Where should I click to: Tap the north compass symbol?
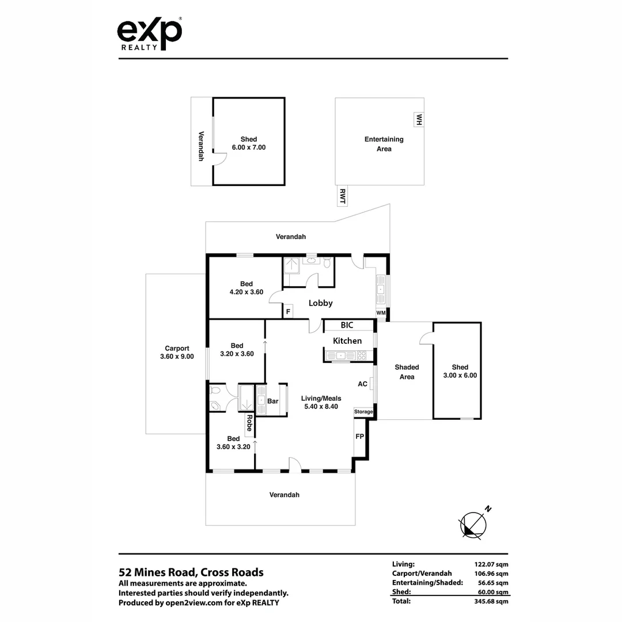point(473,525)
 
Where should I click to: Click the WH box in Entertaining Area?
point(419,120)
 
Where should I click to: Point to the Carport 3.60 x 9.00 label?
point(177,352)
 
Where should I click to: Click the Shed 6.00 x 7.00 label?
point(249,143)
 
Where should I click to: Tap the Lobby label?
point(321,303)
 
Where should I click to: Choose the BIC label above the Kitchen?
point(347,325)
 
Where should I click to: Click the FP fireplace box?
point(360,437)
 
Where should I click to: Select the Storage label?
point(363,412)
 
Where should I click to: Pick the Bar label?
point(273,401)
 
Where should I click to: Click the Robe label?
point(249,423)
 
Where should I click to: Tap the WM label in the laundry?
point(381,313)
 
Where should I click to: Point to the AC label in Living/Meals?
point(363,384)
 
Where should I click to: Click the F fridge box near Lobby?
point(287,312)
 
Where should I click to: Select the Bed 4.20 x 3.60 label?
point(246,287)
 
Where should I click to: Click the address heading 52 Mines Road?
point(191,572)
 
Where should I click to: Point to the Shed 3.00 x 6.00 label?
point(460,371)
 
